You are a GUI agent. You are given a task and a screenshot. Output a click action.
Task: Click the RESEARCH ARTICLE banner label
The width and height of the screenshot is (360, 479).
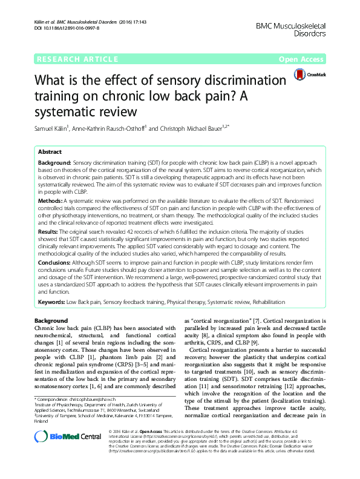tap(77, 59)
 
